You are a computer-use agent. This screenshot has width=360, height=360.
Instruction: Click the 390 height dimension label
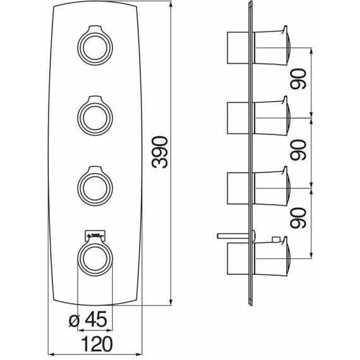pos(160,152)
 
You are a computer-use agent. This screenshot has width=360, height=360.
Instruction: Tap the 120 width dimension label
pos(97,344)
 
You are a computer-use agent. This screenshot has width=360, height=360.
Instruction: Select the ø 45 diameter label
pos(88,319)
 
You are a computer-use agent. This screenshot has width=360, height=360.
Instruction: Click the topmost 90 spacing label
pos(298,78)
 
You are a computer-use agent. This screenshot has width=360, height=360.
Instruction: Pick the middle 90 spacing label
pos(298,150)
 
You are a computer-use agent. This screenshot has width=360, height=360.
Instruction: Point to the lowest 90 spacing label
pos(298,218)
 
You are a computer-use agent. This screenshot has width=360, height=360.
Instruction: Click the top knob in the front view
pos(95,45)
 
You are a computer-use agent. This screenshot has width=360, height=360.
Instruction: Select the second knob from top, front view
pos(95,116)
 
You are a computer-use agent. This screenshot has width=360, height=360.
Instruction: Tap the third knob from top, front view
pos(95,186)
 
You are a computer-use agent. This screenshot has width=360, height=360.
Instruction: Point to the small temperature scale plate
pos(95,235)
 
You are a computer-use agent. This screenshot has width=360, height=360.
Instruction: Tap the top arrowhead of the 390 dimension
pos(171,4)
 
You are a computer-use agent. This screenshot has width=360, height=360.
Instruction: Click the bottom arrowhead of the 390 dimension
pos(171,302)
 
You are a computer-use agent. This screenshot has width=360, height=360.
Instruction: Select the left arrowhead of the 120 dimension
pos(52,354)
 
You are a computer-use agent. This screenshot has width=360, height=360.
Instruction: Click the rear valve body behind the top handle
pos(238,48)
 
